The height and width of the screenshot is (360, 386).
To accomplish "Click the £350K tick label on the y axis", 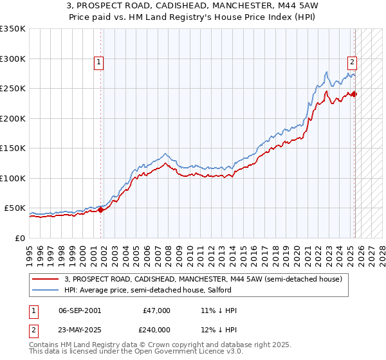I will pyautogui.click(x=13, y=29).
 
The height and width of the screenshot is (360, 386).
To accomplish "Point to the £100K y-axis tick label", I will pyautogui.click(x=13, y=178).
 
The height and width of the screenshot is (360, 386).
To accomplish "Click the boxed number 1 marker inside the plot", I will pyautogui.click(x=99, y=62).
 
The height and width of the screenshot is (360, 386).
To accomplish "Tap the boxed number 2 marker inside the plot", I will pyautogui.click(x=353, y=62).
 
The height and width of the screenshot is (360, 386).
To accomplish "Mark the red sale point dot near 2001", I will pyautogui.click(x=101, y=210).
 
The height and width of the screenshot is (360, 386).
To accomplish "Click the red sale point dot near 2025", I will pyautogui.click(x=354, y=94).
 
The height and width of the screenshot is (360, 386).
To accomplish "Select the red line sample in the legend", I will pyautogui.click(x=46, y=279).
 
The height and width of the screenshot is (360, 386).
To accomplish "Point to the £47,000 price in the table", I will pyautogui.click(x=156, y=310).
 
